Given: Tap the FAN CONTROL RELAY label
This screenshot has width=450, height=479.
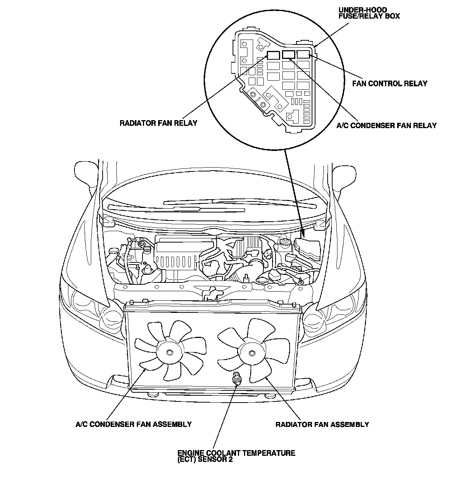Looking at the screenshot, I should tap(390, 84).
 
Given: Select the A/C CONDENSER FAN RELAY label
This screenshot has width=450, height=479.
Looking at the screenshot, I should tap(387, 125).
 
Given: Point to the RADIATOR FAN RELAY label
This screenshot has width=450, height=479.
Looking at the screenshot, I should tap(158, 123).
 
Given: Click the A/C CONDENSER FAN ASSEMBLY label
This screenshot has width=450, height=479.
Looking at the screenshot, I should tap(133, 424).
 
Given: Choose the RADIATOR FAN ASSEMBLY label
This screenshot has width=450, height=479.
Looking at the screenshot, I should tap(322, 424).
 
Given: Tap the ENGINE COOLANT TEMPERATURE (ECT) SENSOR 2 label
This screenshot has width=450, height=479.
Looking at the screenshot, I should tap(236, 456).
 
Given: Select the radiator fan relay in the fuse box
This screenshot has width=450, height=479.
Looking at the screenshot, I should tap(273, 54).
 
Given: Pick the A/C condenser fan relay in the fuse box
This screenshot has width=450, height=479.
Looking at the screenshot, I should tap(288, 54).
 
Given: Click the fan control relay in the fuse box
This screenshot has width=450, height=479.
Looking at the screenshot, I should tap(303, 54).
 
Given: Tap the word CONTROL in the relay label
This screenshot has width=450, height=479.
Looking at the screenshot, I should tap(386, 84).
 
